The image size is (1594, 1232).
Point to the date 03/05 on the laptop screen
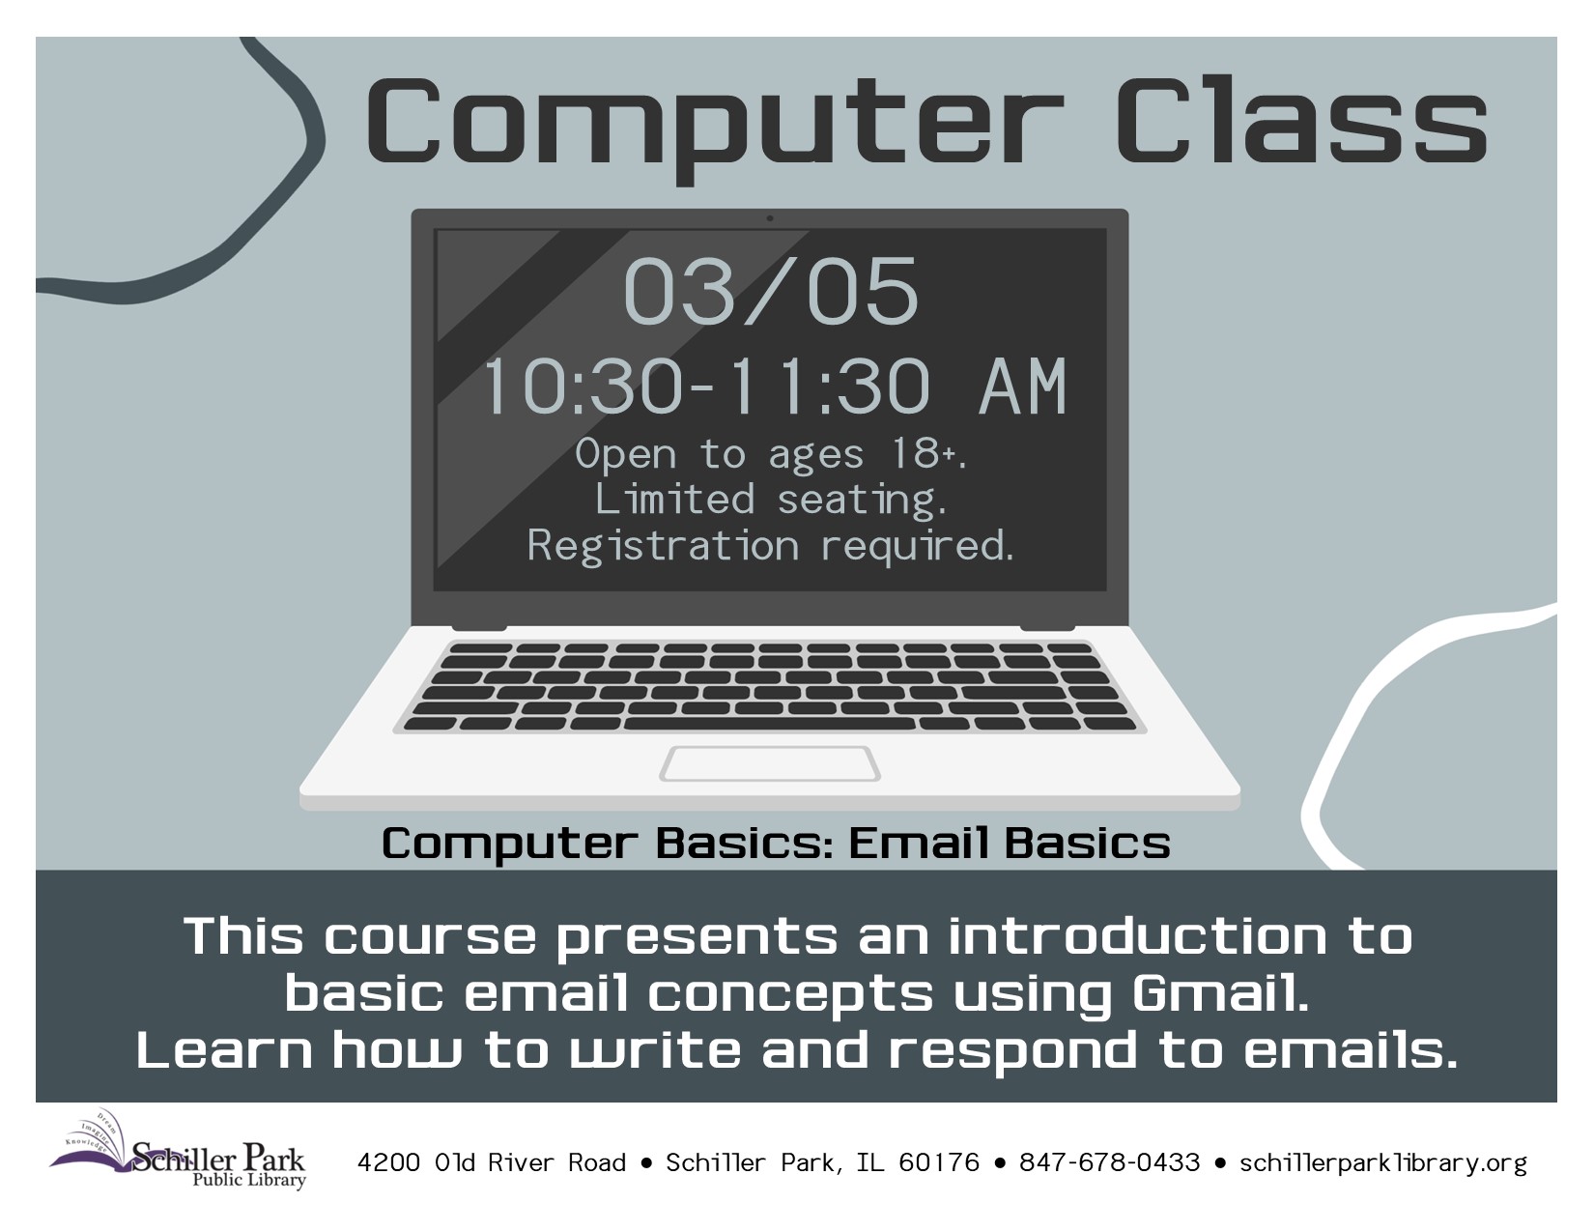tap(770, 291)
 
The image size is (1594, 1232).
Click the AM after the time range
tap(1022, 387)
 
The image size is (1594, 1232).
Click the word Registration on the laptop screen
tap(663, 547)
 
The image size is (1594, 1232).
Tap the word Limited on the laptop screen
tap(674, 499)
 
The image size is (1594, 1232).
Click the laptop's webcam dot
tap(770, 218)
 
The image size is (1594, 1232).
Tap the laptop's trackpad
tap(770, 764)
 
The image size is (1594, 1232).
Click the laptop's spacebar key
tap(770, 725)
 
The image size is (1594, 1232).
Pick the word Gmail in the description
tap(1221, 994)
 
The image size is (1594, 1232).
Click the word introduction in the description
tap(1137, 936)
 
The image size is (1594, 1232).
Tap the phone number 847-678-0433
tap(1109, 1163)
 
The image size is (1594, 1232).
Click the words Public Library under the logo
tap(248, 1180)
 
